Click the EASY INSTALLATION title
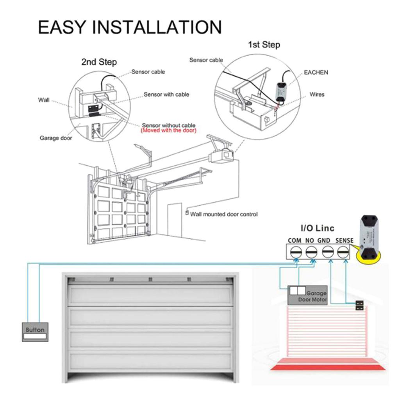(x=130, y=27)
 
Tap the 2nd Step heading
(x=99, y=62)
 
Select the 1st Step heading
(x=264, y=45)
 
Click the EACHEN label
(x=316, y=72)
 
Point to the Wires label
(x=317, y=94)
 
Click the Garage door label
(x=56, y=138)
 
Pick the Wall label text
(x=44, y=100)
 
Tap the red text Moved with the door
(x=168, y=130)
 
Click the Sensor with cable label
(x=166, y=95)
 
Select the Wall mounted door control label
(x=224, y=214)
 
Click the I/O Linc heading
(x=317, y=228)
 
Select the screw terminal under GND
(x=328, y=251)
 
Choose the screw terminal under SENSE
(x=343, y=251)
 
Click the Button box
(x=35, y=332)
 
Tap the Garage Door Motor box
(x=308, y=295)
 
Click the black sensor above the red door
(x=359, y=305)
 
